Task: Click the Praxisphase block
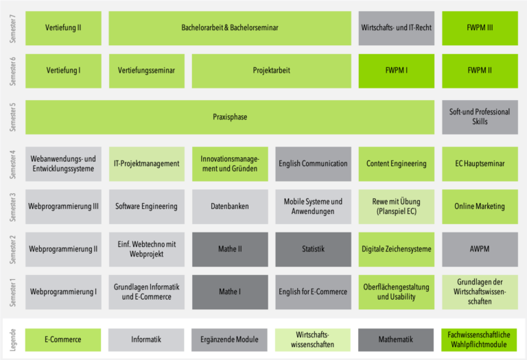point(230,117)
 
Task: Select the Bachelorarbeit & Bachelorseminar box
point(230,28)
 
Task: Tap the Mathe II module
point(230,249)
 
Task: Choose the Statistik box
point(313,249)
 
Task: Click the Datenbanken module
point(230,206)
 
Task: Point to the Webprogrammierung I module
point(63,291)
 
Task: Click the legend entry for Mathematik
point(396,339)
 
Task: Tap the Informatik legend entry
point(146,339)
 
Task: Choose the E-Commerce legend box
point(63,339)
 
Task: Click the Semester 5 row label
point(13,117)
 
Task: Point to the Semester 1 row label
point(13,291)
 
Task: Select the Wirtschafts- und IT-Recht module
point(397,28)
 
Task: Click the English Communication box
point(313,164)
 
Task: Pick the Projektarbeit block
point(271,71)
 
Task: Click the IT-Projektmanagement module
point(146,164)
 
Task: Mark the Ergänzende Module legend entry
point(229,339)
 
